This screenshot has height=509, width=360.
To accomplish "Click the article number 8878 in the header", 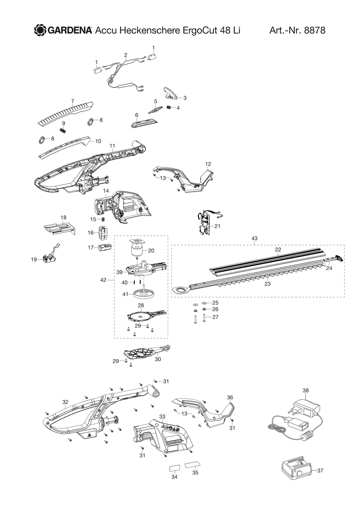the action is [x=314, y=30].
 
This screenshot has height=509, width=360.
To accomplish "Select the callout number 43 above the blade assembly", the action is [x=254, y=238].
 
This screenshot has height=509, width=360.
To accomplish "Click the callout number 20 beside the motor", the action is [x=151, y=251].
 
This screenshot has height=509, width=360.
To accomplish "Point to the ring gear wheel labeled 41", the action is [x=143, y=294].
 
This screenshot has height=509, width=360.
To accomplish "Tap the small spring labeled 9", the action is [x=63, y=131].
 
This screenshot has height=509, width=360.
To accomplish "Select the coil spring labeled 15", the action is [x=103, y=220].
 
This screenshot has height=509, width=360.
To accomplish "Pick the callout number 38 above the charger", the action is [x=306, y=391].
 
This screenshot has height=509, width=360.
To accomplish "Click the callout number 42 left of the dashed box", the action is [x=103, y=280].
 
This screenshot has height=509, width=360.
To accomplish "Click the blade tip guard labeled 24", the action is [x=333, y=259].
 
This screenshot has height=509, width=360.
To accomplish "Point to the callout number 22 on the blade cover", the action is [x=278, y=250].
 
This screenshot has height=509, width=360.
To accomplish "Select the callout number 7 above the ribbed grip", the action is [x=73, y=101].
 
